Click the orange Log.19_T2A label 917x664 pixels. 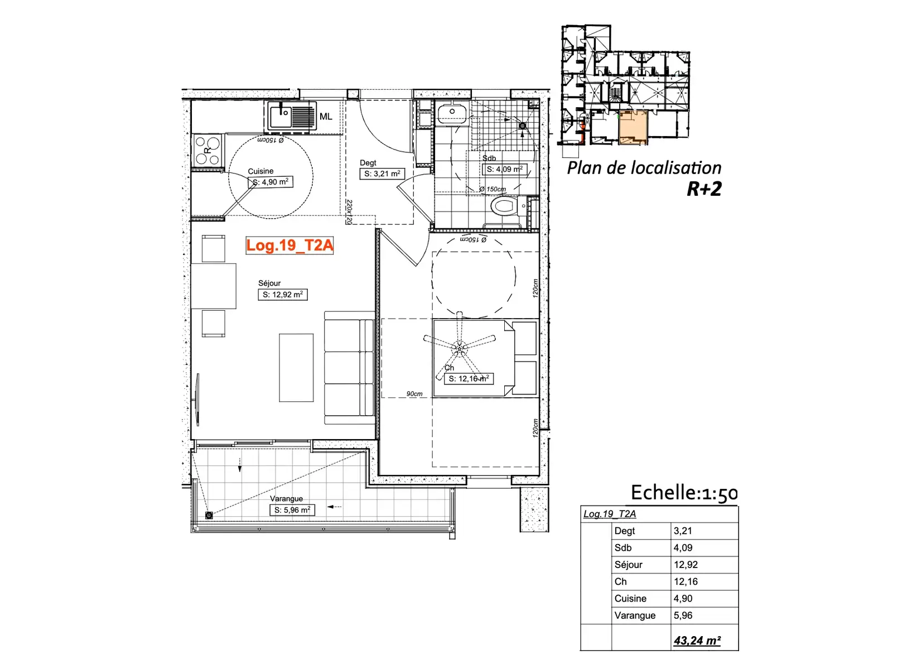click(289, 246)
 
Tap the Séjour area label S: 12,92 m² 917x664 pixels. click(282, 295)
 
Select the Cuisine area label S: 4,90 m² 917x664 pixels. click(270, 182)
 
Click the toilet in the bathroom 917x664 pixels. click(506, 205)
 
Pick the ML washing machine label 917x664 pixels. click(326, 117)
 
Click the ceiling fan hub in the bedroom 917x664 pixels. click(460, 348)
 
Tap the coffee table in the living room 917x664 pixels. click(296, 368)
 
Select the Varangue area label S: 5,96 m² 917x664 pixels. click(292, 510)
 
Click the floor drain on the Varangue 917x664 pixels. click(209, 516)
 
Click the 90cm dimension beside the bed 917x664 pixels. click(414, 393)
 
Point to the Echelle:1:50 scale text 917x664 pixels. click(684, 493)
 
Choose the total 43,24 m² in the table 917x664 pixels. click(697, 640)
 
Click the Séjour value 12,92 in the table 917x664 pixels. click(686, 565)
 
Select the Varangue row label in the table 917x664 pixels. click(635, 615)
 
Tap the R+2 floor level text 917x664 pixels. click(704, 189)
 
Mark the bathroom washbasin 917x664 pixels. click(452, 113)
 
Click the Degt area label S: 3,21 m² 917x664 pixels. click(382, 174)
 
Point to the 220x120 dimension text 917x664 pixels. click(349, 212)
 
